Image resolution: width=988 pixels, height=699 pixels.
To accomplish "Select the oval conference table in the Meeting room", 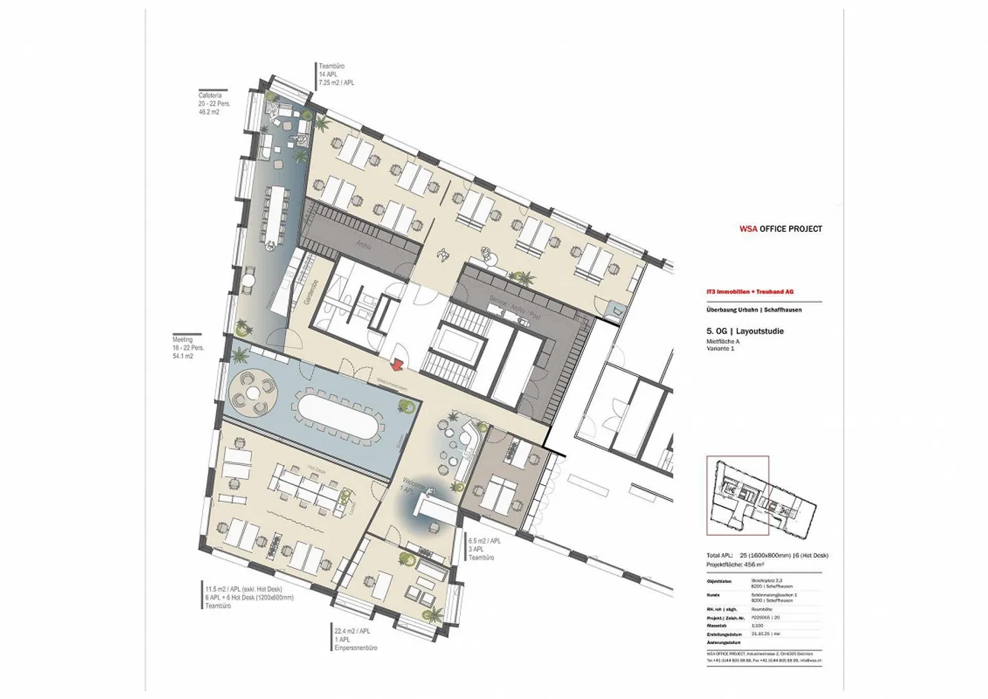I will pyautogui.click(x=336, y=415).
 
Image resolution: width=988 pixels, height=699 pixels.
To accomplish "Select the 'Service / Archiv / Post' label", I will pyautogui.click(x=515, y=308).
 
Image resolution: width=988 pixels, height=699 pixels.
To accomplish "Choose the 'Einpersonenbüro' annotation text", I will pyautogui.click(x=355, y=648).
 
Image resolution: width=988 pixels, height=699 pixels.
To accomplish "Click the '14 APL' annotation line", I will pyautogui.click(x=327, y=74).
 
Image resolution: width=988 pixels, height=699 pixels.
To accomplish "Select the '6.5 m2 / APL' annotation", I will pyautogui.click(x=484, y=541).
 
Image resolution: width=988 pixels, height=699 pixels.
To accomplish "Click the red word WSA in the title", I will pyautogui.click(x=748, y=229).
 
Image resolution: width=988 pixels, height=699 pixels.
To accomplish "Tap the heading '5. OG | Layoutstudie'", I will pyautogui.click(x=744, y=331).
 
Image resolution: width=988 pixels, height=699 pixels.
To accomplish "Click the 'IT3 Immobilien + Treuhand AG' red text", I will pyautogui.click(x=750, y=292).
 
